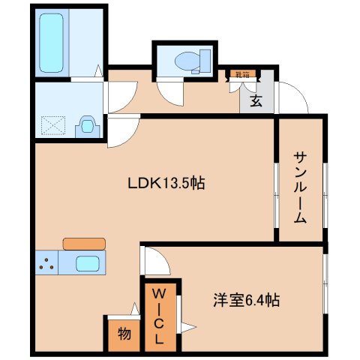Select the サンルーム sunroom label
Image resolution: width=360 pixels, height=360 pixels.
pyautogui.click(x=300, y=187)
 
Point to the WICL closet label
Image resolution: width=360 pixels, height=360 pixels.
pyautogui.click(x=160, y=314)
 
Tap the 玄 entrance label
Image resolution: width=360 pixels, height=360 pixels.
pyautogui.click(x=256, y=100)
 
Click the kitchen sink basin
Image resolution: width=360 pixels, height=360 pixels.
pyautogui.click(x=89, y=264)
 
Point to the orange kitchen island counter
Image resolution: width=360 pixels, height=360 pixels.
pyautogui.click(x=84, y=243)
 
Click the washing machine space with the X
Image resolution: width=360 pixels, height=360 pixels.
pyautogui.click(x=54, y=124)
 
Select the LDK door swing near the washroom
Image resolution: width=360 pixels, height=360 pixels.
pyautogui.click(x=121, y=132)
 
